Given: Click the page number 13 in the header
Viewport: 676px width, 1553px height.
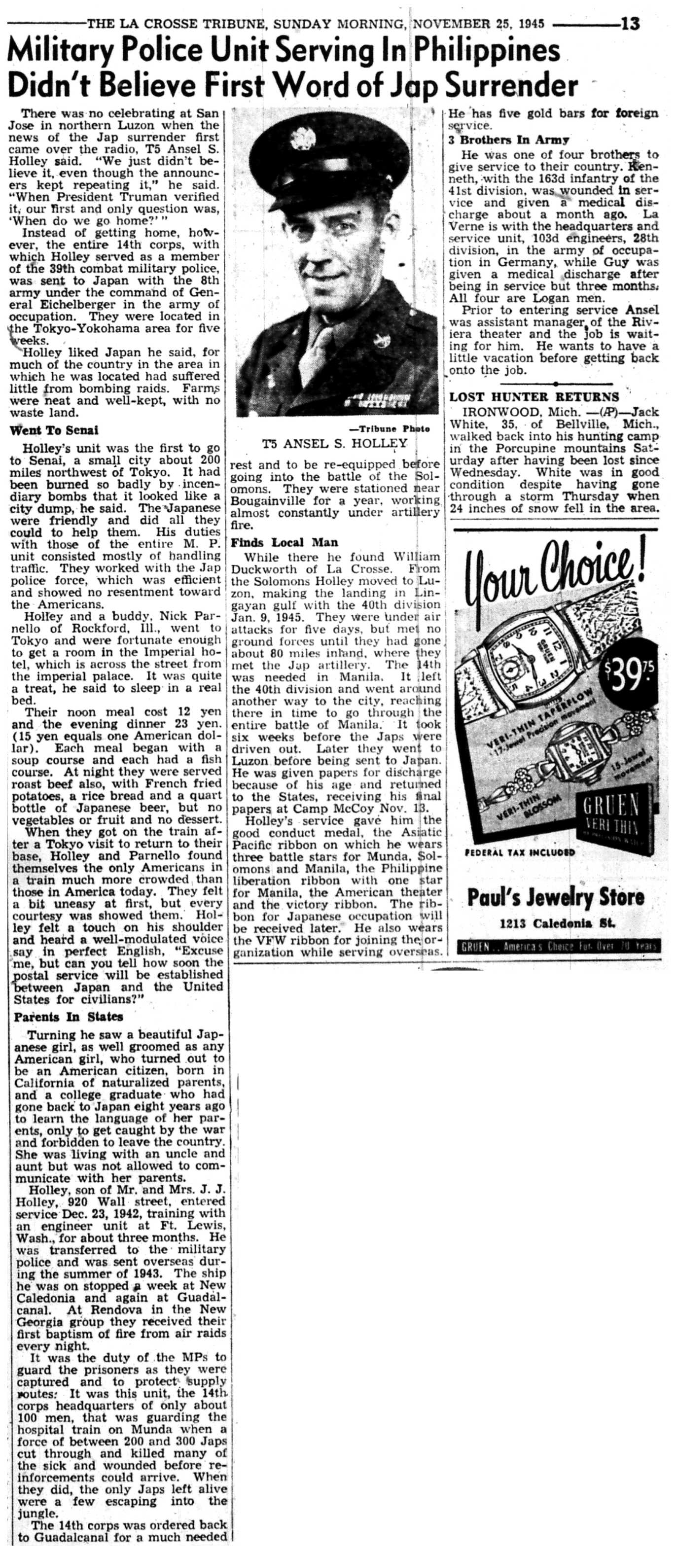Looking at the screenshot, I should point(629,24).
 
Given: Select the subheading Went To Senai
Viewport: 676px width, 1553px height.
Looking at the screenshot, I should point(54,430).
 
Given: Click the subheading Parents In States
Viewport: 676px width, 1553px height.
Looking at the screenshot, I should point(68,1017).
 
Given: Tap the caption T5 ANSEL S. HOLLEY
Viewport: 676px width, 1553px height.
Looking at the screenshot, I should point(335,444).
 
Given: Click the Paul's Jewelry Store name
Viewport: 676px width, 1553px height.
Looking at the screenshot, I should point(555,898).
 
